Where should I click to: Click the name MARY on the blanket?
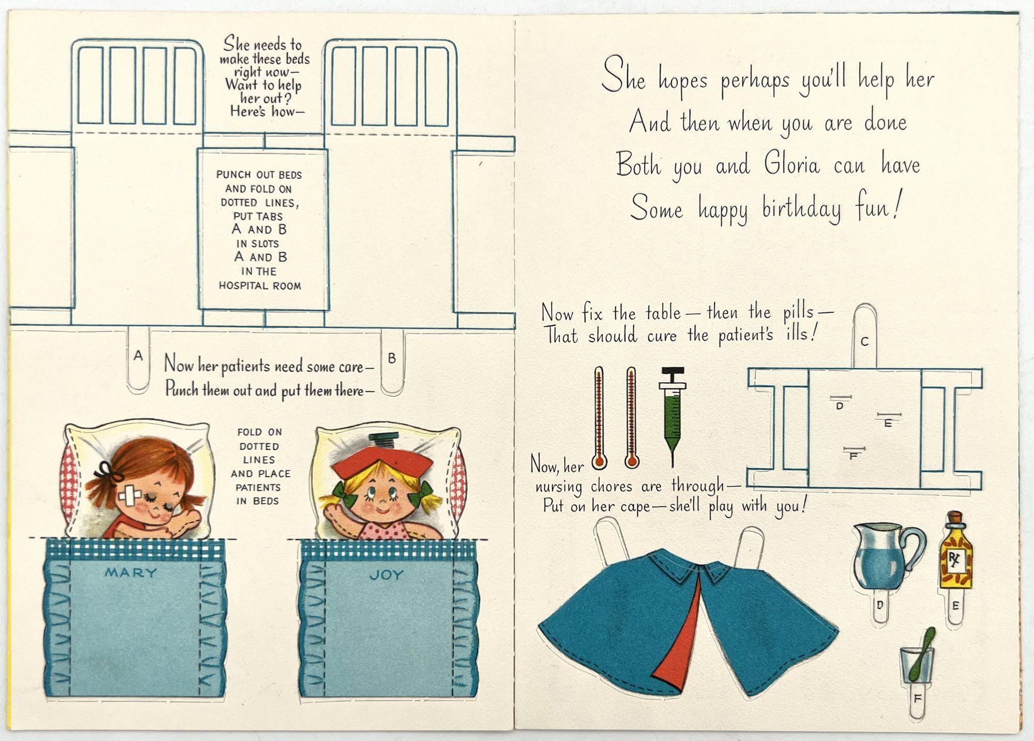130,573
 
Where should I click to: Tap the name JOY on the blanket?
386,575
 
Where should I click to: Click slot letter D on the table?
840,406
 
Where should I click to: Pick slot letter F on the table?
854,457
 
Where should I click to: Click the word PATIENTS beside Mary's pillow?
258,487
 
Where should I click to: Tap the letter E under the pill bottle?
955,606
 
